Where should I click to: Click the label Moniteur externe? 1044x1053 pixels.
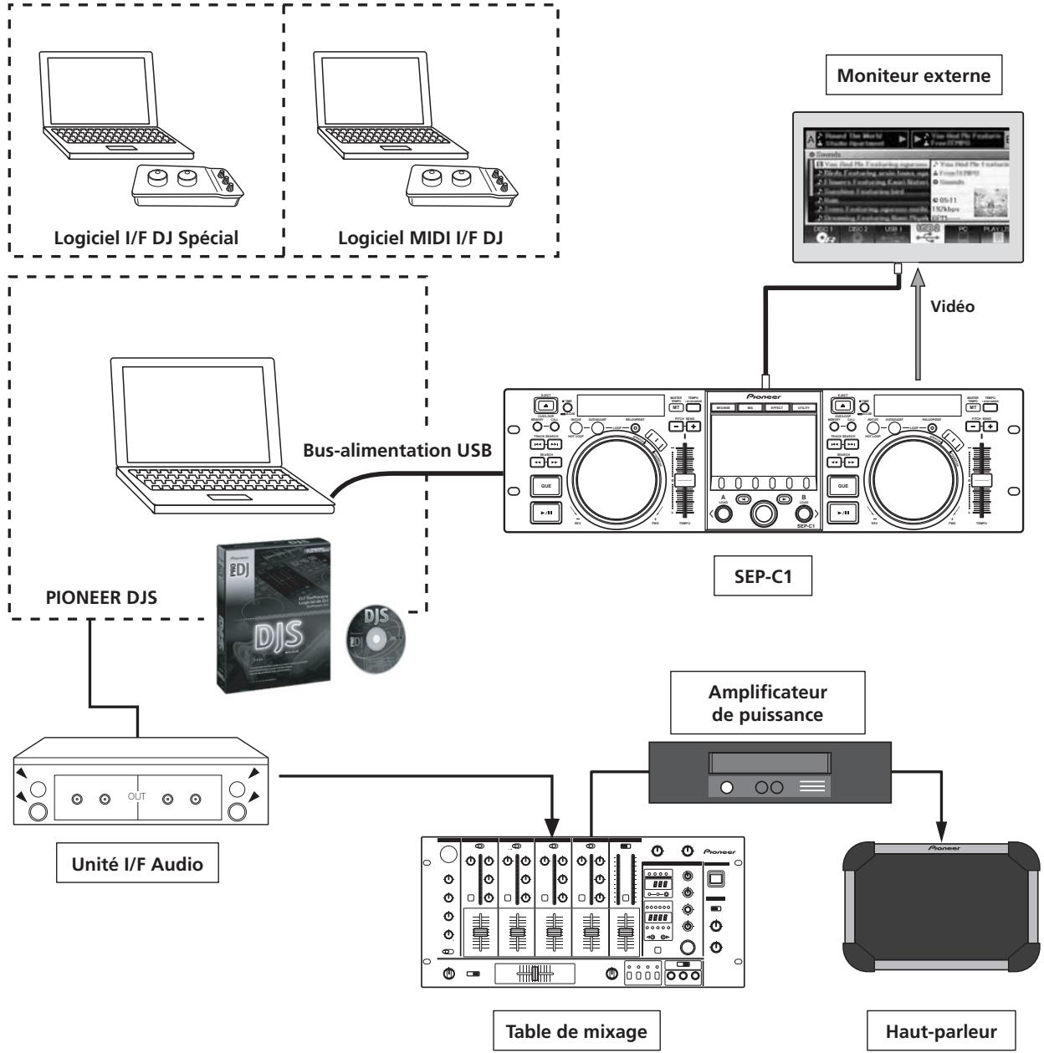[914, 76]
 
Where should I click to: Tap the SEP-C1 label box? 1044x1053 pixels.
[762, 577]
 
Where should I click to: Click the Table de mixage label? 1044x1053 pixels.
[576, 1031]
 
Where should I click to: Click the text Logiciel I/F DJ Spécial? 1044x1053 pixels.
[146, 237]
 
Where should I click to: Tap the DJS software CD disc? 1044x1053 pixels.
[374, 636]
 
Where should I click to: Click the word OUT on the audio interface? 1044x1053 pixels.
[136, 797]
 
